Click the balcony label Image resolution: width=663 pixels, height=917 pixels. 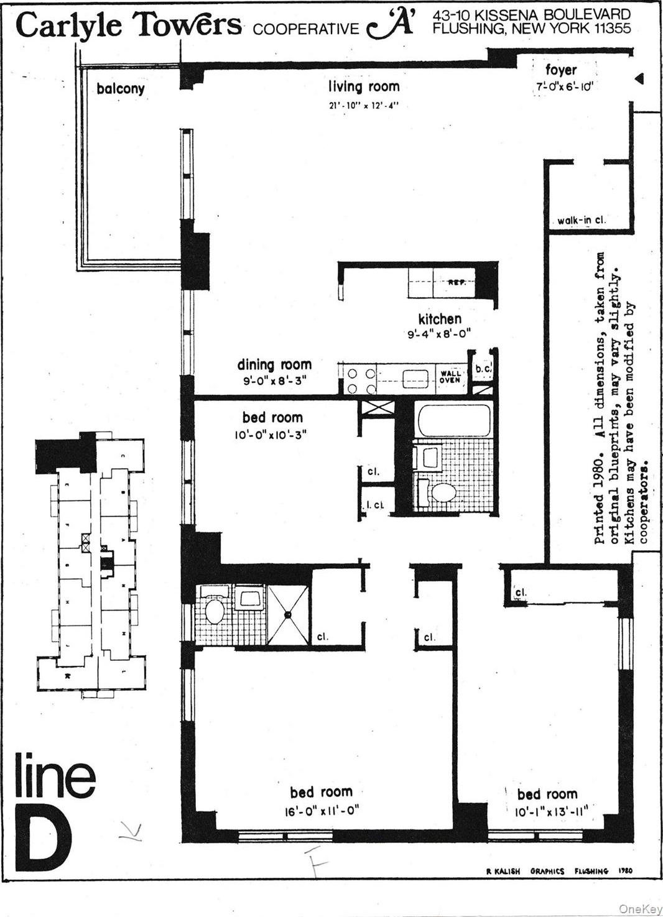(121, 89)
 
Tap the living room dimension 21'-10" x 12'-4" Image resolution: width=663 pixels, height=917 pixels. (364, 105)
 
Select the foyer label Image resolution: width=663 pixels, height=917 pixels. (560, 70)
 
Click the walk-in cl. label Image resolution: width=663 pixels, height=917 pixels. (581, 220)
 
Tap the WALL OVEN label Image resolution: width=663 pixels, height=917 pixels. (450, 377)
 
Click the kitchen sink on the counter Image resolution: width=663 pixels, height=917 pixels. (415, 379)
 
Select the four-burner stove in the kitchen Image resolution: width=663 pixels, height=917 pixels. (361, 381)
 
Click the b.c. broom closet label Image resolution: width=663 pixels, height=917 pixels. (483, 369)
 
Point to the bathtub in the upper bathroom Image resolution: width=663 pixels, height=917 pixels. (455, 420)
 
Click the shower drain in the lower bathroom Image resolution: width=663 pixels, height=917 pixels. (288, 614)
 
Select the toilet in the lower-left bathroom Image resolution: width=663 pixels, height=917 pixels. (215, 610)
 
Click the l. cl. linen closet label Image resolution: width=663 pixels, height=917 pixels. (374, 505)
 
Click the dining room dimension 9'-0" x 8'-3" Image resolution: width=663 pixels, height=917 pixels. (274, 380)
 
